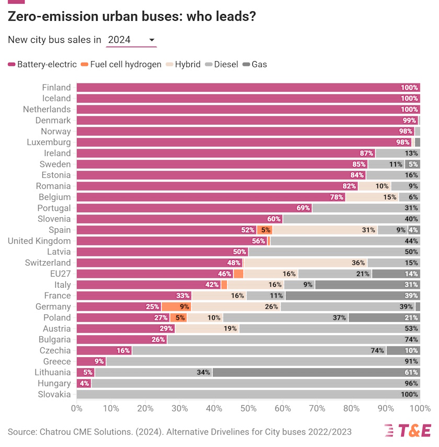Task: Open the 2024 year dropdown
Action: pyautogui.click(x=131, y=40)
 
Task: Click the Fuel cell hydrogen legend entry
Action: pyautogui.click(x=121, y=64)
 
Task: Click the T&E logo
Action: pyautogui.click(x=408, y=430)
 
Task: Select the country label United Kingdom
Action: pyautogui.click(x=39, y=241)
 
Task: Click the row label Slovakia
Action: pyautogui.click(x=54, y=394)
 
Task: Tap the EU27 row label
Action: pyautogui.click(x=59, y=274)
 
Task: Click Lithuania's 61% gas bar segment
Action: pyautogui.click(x=316, y=372)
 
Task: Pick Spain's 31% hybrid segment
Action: pyautogui.click(x=325, y=230)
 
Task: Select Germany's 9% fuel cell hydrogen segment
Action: pyautogui.click(x=176, y=307)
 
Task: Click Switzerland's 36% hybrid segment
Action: pyautogui.click(x=305, y=263)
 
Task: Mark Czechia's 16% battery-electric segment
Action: pyautogui.click(x=104, y=350)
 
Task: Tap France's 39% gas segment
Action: pyautogui.click(x=353, y=296)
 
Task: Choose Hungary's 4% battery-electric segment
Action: pyautogui.click(x=84, y=383)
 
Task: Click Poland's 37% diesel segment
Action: pyautogui.click(x=285, y=317)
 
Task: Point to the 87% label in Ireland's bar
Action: pyautogui.click(x=367, y=153)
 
